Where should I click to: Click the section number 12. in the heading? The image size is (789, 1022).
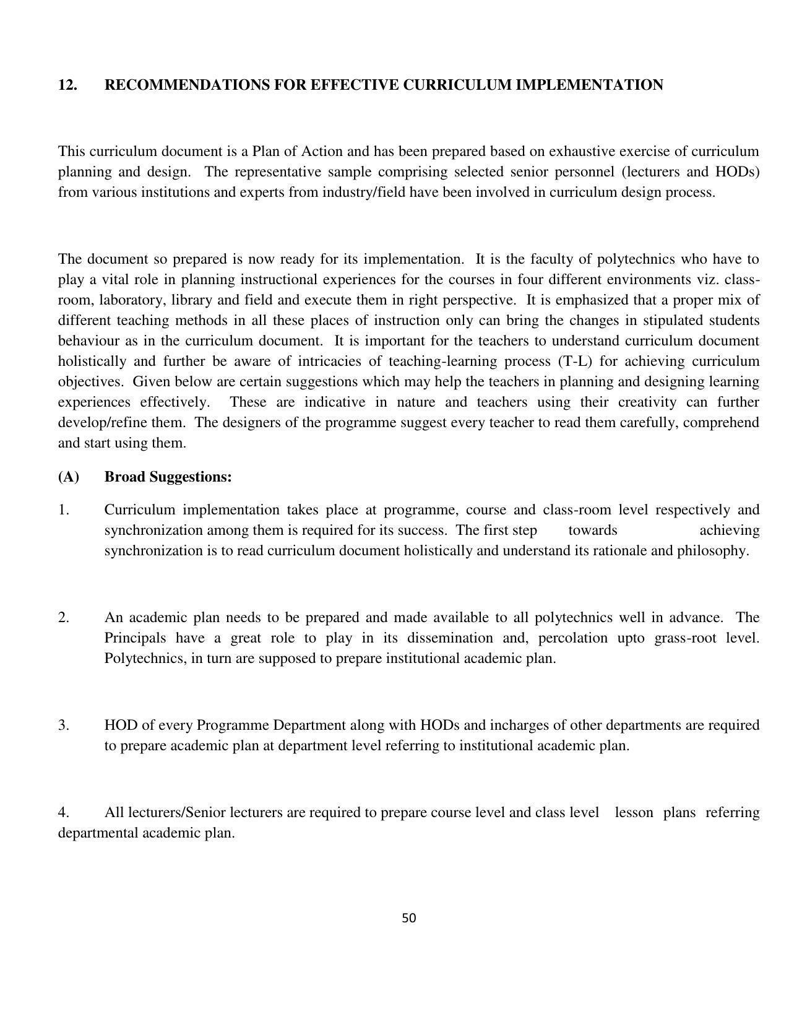[x=67, y=85]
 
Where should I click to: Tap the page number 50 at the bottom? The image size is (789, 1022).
[x=408, y=918]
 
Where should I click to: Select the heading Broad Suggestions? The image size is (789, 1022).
[x=168, y=477]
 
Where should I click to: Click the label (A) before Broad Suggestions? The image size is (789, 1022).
[x=69, y=477]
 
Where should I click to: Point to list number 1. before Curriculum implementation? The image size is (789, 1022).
[x=64, y=510]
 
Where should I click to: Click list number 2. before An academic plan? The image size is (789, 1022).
[x=64, y=618]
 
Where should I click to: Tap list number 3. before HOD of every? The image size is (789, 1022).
[x=64, y=725]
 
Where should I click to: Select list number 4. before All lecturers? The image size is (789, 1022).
[x=64, y=812]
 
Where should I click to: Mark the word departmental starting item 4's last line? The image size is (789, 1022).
[x=98, y=833]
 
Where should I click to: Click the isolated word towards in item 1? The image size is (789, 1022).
[x=592, y=530]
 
